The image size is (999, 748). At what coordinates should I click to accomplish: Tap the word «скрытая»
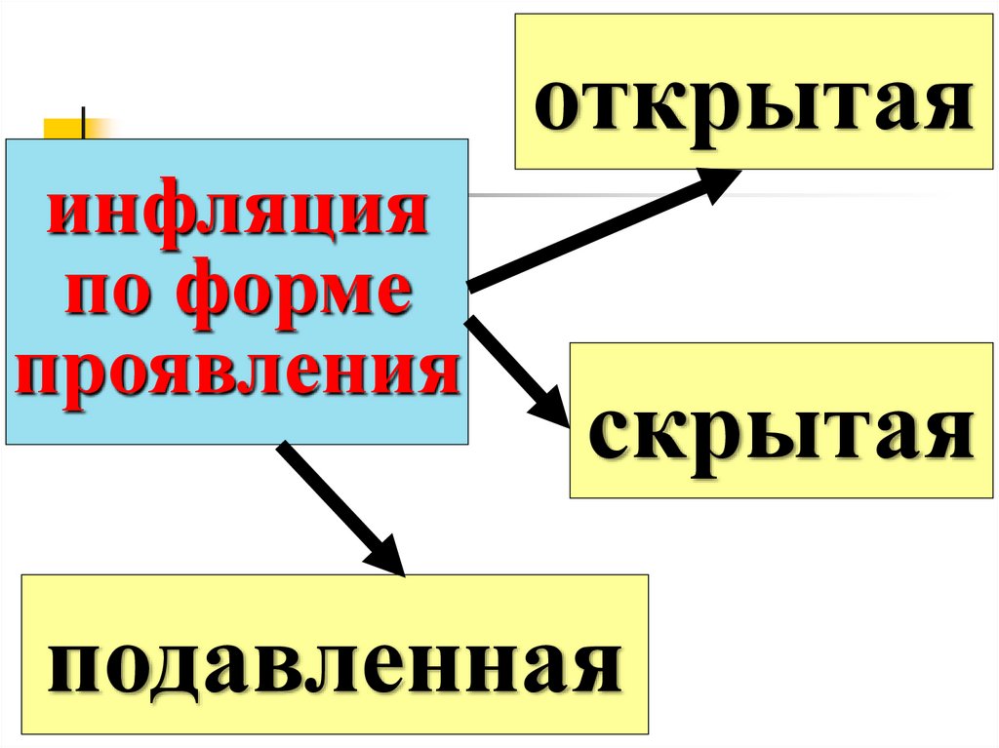click(780, 435)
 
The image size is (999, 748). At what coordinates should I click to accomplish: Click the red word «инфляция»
click(238, 217)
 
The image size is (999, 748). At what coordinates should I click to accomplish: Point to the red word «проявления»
click(238, 372)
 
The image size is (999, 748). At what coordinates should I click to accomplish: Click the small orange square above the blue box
click(64, 129)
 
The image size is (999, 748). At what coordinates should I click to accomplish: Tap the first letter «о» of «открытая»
click(557, 110)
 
